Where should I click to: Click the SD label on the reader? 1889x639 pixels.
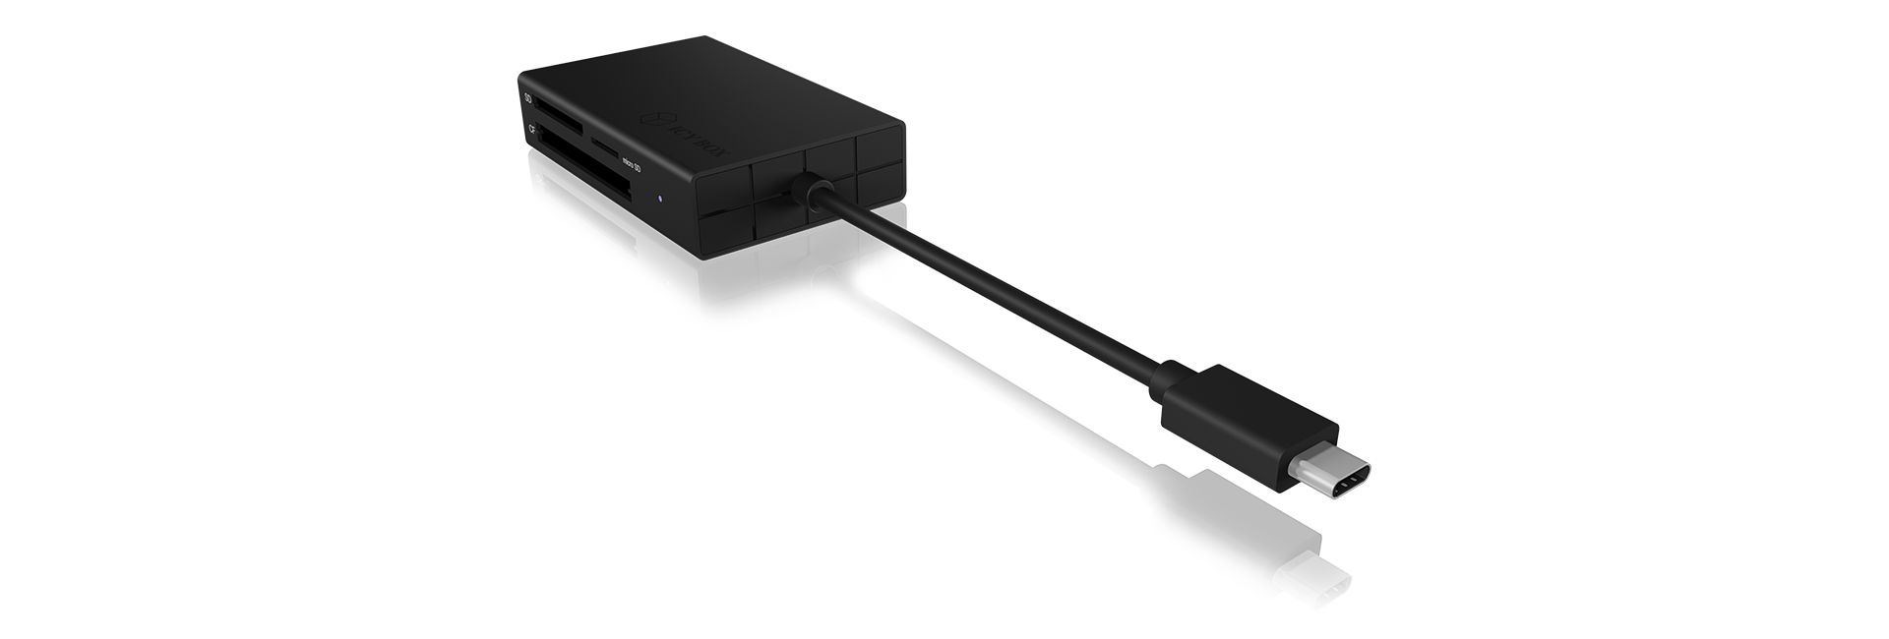[528, 99]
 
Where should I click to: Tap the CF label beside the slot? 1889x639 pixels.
[531, 129]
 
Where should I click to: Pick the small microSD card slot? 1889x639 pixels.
[605, 148]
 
